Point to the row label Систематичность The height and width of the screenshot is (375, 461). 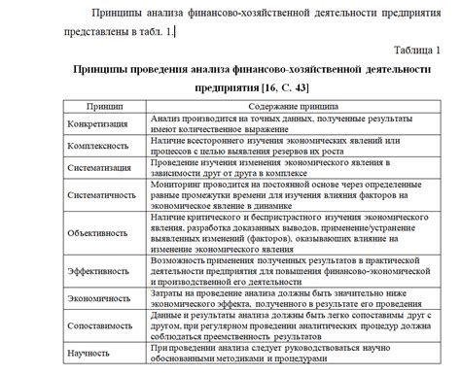(x=99, y=194)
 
